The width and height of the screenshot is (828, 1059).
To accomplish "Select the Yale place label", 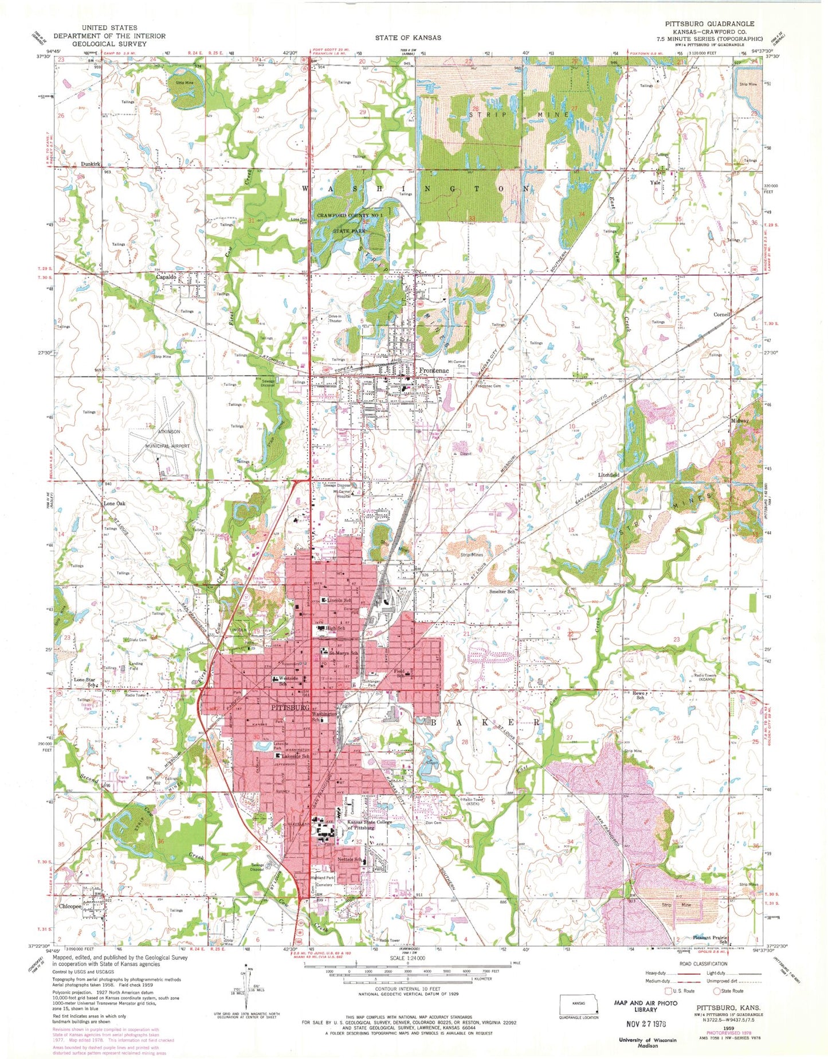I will (655, 183).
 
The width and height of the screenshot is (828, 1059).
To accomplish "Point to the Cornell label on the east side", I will (721, 315).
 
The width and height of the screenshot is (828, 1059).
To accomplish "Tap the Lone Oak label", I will (114, 503).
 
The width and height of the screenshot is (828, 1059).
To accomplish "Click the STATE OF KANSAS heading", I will (408, 37).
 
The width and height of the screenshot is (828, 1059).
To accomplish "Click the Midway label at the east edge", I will (739, 421).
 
